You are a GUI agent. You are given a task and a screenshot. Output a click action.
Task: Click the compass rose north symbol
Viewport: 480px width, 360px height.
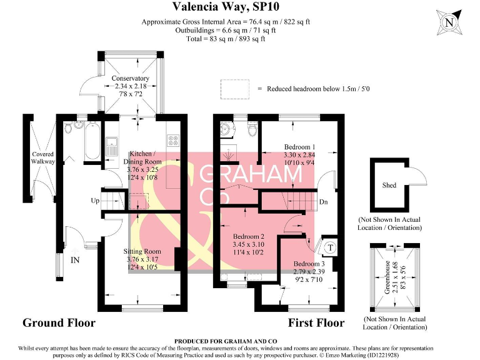449,22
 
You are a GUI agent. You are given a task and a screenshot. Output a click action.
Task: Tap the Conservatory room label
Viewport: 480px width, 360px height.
131,78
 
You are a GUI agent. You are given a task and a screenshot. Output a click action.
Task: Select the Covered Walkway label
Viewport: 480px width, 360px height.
43,157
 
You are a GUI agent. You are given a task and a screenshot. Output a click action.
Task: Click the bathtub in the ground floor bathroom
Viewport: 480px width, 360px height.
92,141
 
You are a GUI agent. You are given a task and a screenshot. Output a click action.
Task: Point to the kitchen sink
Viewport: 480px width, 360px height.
112,146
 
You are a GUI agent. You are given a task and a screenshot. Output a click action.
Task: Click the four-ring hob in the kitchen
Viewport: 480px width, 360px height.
173,140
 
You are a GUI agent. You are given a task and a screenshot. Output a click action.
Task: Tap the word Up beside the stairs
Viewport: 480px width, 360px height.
95,201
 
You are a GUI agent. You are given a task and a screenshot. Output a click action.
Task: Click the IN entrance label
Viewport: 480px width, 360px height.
75,260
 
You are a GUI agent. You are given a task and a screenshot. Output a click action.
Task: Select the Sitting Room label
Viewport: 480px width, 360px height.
142,251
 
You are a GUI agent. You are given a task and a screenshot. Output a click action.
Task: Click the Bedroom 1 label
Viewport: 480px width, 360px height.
300,147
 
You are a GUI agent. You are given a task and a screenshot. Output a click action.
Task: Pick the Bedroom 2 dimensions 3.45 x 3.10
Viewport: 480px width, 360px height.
248,244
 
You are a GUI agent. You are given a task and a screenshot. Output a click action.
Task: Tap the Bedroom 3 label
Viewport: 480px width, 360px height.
309,264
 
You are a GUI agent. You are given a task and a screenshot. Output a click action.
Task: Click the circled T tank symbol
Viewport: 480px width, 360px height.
330,247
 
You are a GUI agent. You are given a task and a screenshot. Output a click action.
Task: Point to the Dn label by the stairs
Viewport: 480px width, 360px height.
324,202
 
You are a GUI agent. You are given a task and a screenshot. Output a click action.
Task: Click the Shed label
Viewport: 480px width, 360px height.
389,185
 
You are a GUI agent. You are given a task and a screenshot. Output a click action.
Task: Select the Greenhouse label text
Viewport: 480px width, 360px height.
387,277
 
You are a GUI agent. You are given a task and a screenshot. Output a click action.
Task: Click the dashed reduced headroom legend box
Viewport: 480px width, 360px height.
235,89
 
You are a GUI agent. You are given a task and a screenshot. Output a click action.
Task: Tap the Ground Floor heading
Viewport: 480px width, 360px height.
59,322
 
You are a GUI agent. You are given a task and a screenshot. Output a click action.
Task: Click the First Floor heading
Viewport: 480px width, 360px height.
316,322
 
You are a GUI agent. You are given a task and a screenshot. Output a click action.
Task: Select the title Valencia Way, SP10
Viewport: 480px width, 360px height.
226,6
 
